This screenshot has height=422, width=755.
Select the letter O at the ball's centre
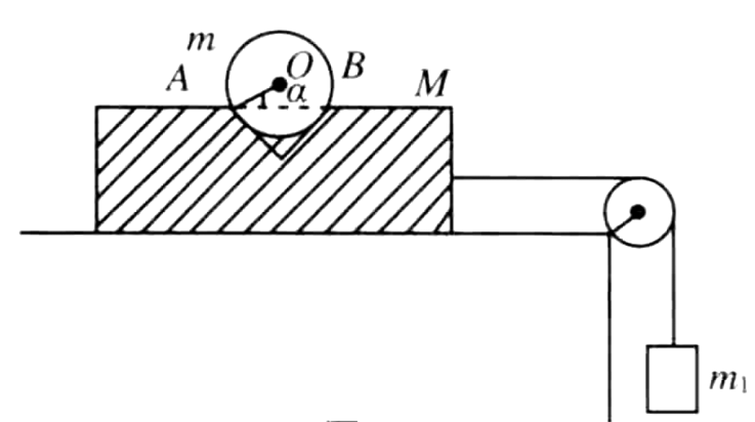point(296,64)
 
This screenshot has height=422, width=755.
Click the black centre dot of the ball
point(278,85)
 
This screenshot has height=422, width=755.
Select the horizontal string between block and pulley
point(528,179)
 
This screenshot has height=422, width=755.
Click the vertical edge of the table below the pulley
point(609,327)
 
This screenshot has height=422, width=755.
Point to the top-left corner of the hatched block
point(97,108)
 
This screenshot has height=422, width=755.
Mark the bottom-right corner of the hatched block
point(451,232)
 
